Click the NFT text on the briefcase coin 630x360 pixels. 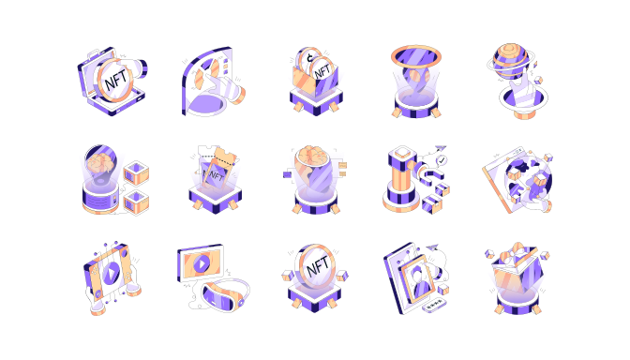(115, 79)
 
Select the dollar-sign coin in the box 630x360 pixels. (308, 59)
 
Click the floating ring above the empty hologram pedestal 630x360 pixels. (416, 53)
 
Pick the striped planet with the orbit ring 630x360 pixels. (510, 61)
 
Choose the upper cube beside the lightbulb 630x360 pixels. (136, 172)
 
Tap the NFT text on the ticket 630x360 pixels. (214, 175)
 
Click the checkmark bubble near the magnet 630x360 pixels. (442, 160)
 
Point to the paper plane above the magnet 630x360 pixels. (441, 148)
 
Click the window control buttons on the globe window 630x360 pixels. (518, 151)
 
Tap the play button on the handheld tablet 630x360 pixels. (112, 274)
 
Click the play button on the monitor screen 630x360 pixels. (202, 264)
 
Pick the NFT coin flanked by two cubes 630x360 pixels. (316, 267)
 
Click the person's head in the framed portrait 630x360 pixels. (417, 276)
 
